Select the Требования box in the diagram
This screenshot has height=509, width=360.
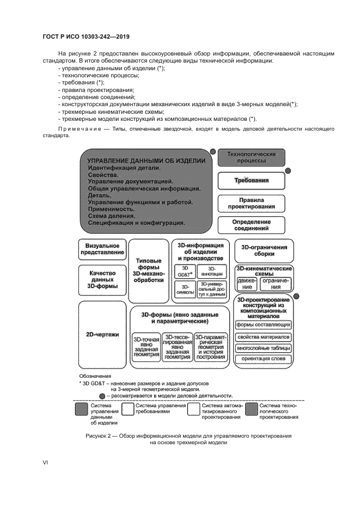point(251,181)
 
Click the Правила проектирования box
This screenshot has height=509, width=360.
point(251,204)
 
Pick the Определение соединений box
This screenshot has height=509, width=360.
point(251,225)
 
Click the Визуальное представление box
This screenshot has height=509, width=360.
point(102,249)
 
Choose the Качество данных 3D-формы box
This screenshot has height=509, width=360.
point(102,278)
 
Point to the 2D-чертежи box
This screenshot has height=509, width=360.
point(102,334)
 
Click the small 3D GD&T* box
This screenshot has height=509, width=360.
point(184,272)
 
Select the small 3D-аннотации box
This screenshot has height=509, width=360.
point(212,272)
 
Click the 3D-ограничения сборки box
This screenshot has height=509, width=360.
point(264,250)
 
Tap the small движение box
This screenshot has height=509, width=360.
point(247,284)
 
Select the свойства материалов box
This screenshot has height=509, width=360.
point(263,336)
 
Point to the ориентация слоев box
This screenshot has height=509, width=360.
point(263,359)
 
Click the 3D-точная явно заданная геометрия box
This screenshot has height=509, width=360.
point(146,347)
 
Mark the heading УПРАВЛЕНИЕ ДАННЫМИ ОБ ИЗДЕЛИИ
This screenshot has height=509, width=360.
point(147,161)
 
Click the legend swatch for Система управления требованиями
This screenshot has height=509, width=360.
point(129,409)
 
